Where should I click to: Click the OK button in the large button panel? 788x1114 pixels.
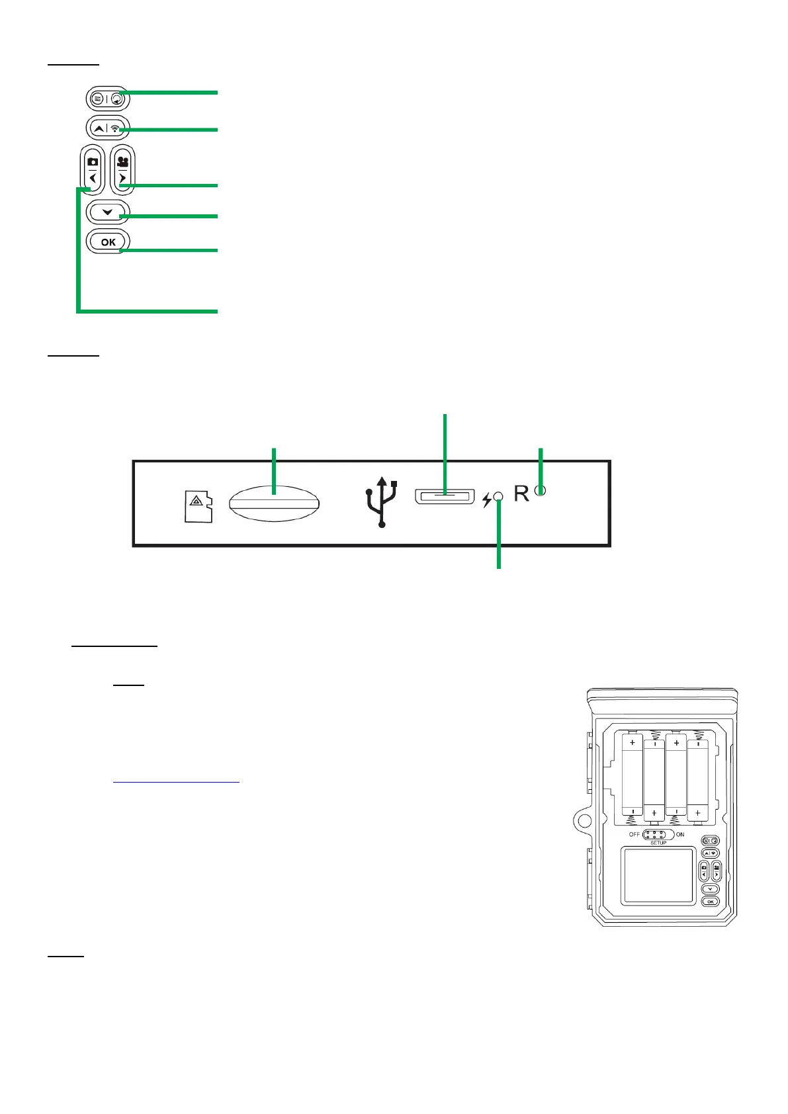click(x=108, y=241)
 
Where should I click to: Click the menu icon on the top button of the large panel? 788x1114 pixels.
click(x=98, y=99)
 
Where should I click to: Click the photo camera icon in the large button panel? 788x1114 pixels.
click(x=93, y=161)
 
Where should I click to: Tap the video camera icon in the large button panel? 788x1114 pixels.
click(x=122, y=160)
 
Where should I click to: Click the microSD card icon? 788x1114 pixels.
click(x=198, y=506)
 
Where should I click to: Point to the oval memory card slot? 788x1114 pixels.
click(x=274, y=503)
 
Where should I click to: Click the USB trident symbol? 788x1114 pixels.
click(x=382, y=502)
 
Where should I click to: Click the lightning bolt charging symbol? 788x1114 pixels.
click(x=487, y=500)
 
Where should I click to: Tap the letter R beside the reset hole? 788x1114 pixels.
click(x=521, y=493)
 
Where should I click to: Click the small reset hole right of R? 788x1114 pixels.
click(x=540, y=491)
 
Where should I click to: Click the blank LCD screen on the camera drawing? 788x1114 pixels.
click(x=658, y=875)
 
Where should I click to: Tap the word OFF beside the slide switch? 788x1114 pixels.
click(x=635, y=834)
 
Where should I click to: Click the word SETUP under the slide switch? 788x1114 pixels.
click(x=658, y=843)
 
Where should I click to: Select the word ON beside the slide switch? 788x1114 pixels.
click(x=680, y=834)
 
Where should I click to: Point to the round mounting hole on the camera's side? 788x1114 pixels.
click(x=583, y=822)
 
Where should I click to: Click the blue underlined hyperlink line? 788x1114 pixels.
click(x=176, y=782)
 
